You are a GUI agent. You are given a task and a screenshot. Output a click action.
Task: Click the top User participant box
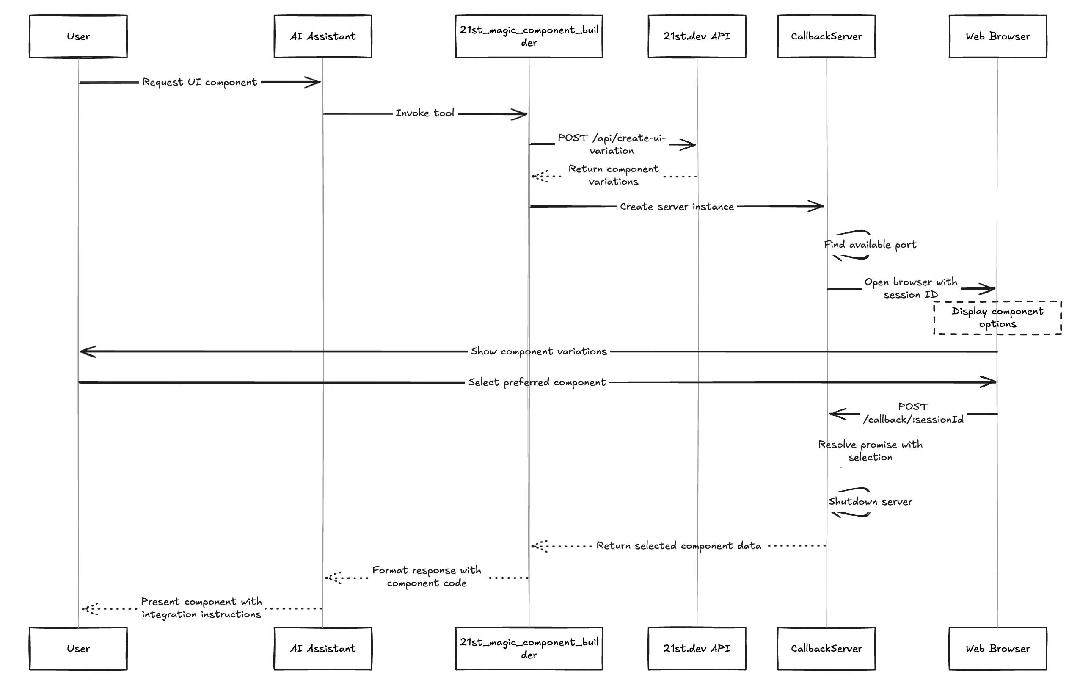click(78, 36)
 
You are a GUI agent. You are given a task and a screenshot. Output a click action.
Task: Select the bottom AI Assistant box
click(323, 648)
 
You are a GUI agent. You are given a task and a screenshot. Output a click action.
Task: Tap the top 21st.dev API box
click(697, 36)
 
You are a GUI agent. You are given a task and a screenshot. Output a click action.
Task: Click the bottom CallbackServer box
click(826, 648)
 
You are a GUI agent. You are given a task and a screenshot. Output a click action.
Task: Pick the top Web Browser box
click(997, 36)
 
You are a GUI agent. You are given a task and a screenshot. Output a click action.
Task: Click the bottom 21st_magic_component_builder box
click(529, 648)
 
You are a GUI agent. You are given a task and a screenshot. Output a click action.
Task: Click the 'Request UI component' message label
click(200, 82)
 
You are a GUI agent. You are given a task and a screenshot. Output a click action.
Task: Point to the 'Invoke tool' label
click(425, 113)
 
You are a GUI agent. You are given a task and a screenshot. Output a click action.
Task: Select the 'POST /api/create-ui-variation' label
click(612, 144)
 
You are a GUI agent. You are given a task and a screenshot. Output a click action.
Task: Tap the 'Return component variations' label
click(614, 175)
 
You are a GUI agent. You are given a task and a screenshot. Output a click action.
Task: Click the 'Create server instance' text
click(677, 207)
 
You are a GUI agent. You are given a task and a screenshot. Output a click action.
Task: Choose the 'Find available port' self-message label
click(870, 245)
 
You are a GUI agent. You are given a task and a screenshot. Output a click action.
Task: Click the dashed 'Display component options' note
click(997, 318)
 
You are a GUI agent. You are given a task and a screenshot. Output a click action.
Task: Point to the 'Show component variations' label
click(539, 352)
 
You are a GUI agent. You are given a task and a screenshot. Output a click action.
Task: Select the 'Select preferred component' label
click(537, 383)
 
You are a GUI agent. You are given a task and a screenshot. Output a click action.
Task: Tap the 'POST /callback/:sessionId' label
click(913, 413)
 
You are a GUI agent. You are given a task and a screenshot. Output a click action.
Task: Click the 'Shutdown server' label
click(870, 502)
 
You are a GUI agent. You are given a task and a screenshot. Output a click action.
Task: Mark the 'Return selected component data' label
click(679, 546)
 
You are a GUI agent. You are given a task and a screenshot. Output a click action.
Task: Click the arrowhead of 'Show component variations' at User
click(85, 352)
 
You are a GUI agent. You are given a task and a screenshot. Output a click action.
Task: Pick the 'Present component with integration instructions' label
click(201, 608)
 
